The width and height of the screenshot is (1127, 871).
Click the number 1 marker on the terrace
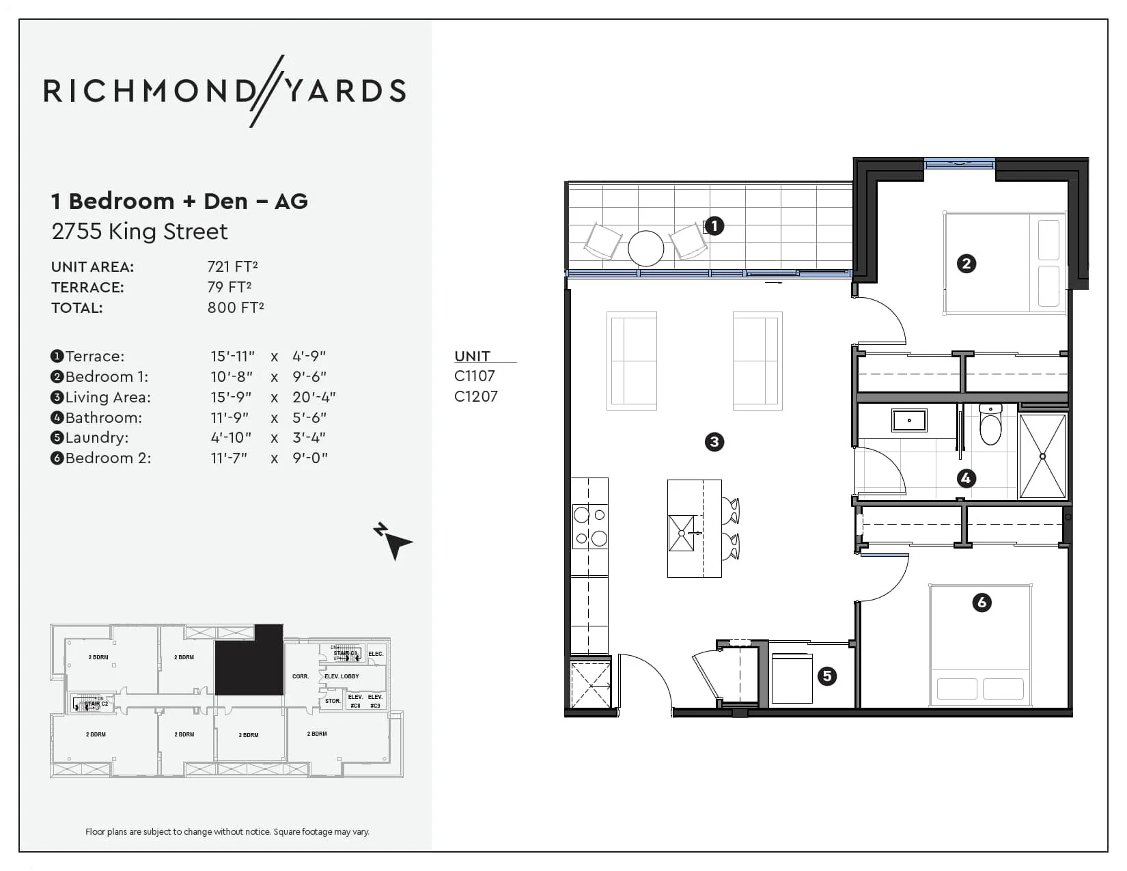(x=714, y=226)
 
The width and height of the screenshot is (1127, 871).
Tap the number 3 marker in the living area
(x=714, y=442)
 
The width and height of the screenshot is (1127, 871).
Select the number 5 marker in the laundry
(x=827, y=676)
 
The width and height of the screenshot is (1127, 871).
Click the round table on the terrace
(x=645, y=248)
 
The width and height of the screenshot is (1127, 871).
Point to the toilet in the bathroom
(x=990, y=424)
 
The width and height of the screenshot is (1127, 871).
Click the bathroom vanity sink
(x=908, y=420)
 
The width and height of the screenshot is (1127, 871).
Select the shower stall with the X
(x=1042, y=456)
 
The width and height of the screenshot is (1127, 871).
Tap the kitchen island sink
(x=681, y=533)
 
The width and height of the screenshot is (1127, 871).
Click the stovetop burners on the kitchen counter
(x=590, y=526)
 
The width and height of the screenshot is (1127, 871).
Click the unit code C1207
(x=476, y=396)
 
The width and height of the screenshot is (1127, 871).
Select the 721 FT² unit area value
(x=232, y=266)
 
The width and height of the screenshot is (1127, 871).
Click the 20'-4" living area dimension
(x=314, y=397)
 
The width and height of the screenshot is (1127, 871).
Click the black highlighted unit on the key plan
(x=249, y=661)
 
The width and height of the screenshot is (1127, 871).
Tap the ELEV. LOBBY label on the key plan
(x=342, y=676)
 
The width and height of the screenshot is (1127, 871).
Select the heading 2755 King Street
(x=139, y=232)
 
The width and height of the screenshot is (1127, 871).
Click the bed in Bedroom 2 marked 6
(x=980, y=646)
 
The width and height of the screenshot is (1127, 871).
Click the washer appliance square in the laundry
(x=792, y=678)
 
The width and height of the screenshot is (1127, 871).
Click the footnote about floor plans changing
(x=227, y=831)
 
